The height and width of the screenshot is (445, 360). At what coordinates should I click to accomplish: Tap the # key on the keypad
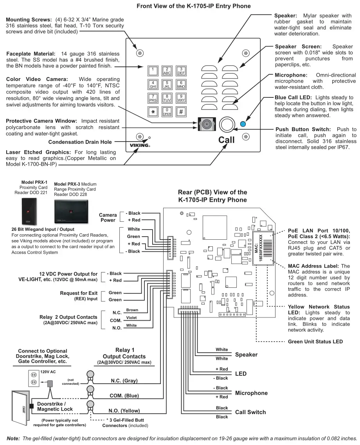click(x=181, y=111)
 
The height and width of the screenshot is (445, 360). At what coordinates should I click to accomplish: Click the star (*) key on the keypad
click(x=153, y=111)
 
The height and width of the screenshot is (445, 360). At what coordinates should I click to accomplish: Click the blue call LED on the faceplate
click(x=243, y=125)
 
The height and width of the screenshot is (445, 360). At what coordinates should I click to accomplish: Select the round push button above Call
click(x=226, y=125)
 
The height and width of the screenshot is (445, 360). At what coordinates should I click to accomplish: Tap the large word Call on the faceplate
click(x=226, y=140)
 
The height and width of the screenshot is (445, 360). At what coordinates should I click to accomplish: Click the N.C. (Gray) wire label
click(x=124, y=380)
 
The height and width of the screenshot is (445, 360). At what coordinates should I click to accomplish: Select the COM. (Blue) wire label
click(x=124, y=396)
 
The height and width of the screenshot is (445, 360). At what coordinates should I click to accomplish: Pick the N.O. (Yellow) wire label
click(x=124, y=411)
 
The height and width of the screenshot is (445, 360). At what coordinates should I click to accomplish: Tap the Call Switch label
click(x=250, y=412)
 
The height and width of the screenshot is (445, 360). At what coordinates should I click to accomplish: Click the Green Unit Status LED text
click(x=315, y=341)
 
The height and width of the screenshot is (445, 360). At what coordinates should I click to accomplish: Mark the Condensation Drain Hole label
click(x=80, y=142)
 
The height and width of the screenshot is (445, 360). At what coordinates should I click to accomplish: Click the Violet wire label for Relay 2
click(x=131, y=318)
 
